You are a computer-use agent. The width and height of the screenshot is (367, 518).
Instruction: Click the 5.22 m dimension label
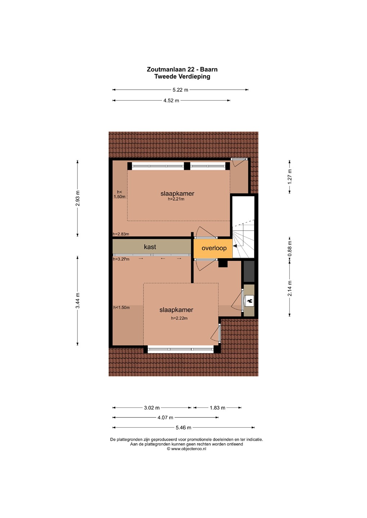(180, 90)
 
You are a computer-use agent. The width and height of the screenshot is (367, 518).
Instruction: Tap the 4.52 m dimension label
(171, 100)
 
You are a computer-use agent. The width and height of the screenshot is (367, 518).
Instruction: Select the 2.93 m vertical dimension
(78, 198)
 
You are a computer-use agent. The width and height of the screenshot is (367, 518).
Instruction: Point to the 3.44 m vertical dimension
(78, 300)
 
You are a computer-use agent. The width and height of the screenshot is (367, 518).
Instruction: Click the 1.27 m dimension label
(290, 177)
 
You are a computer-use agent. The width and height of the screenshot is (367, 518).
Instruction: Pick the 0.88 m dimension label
(290, 249)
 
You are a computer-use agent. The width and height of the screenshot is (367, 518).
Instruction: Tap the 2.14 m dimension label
(290, 288)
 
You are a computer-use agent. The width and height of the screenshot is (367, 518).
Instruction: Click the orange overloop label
(214, 248)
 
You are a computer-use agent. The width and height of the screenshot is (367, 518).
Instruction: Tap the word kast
(150, 247)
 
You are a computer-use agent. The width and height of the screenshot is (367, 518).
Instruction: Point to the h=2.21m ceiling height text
(176, 199)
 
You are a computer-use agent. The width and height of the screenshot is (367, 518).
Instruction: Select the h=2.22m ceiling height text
(179, 318)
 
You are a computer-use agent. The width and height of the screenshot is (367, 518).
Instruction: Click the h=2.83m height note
(121, 234)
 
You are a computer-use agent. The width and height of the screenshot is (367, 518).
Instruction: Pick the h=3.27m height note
(121, 259)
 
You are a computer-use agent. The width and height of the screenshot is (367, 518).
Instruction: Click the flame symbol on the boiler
(250, 301)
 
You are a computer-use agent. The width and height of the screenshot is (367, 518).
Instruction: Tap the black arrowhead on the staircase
(235, 246)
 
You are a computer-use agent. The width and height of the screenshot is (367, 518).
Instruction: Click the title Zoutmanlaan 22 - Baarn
(182, 69)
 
